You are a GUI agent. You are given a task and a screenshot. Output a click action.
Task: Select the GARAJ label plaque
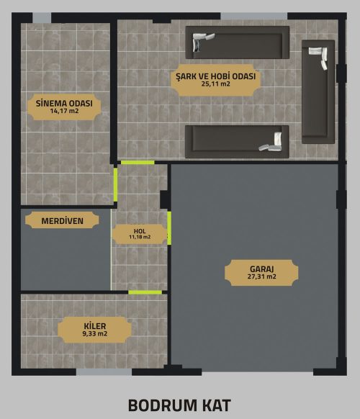(261, 273)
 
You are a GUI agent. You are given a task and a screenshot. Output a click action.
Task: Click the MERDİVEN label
(62, 220)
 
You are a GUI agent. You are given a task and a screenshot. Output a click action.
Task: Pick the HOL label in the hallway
(140, 231)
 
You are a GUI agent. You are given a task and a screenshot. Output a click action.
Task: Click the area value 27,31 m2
(261, 276)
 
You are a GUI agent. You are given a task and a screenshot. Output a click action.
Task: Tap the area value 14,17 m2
(64, 111)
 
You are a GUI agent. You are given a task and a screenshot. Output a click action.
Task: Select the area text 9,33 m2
(95, 333)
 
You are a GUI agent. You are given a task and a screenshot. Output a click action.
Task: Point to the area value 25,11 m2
(216, 84)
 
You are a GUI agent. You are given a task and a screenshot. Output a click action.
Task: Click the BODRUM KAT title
(179, 405)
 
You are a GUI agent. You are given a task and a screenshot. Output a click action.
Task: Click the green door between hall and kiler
(145, 292)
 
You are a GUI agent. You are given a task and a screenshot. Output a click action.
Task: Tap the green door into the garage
(169, 228)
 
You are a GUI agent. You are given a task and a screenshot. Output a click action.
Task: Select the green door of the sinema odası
(115, 184)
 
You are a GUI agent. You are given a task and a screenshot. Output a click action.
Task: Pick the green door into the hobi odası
(138, 163)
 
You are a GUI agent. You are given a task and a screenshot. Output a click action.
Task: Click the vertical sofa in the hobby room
(318, 91)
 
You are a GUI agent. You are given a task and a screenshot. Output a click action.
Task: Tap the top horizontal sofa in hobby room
(238, 42)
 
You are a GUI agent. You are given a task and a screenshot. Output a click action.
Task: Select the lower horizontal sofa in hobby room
(237, 142)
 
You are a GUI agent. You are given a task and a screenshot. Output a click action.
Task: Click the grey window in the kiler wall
(104, 372)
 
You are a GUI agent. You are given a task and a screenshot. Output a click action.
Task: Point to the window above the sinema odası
(42, 18)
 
